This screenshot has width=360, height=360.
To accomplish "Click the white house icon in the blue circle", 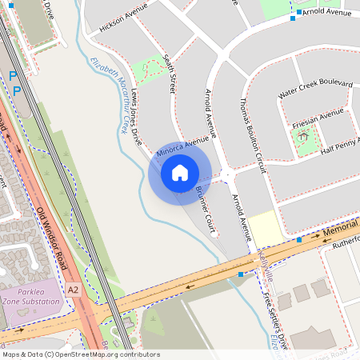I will (x=179, y=173).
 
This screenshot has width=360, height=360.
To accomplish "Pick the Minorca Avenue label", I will (x=182, y=146).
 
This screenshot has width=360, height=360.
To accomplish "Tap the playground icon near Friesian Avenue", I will (x=303, y=136).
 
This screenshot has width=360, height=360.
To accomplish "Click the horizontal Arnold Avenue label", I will (x=327, y=13).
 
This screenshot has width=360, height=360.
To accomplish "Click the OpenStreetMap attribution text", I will (x=81, y=354).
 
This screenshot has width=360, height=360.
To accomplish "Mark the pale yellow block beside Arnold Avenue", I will (x=264, y=228).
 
